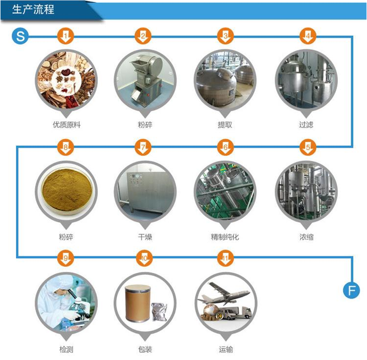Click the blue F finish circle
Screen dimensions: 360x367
click(350, 290)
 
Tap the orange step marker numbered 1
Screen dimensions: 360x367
click(66, 35)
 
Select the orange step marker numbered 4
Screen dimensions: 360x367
click(308, 35)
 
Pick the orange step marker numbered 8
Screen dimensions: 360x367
click(66, 146)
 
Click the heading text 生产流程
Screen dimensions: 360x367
click(33, 9)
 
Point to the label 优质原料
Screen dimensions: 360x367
click(66, 125)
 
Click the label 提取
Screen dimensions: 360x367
click(225, 125)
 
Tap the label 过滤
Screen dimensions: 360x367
click(306, 125)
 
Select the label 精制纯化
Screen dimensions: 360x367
click(225, 237)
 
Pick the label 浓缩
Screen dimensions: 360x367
click(306, 237)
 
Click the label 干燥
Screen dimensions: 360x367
click(145, 237)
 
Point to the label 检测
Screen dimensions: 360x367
click(66, 350)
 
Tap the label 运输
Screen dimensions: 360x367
click(225, 350)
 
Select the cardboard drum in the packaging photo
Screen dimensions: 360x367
click(137, 304)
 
